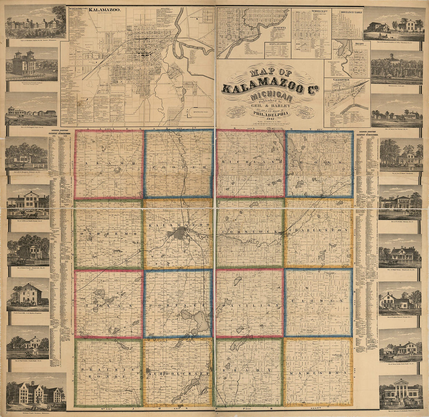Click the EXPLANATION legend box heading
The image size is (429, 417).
coord(278,44)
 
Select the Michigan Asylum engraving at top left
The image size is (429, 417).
coord(35,22)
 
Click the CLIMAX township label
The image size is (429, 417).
coord(319,302)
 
